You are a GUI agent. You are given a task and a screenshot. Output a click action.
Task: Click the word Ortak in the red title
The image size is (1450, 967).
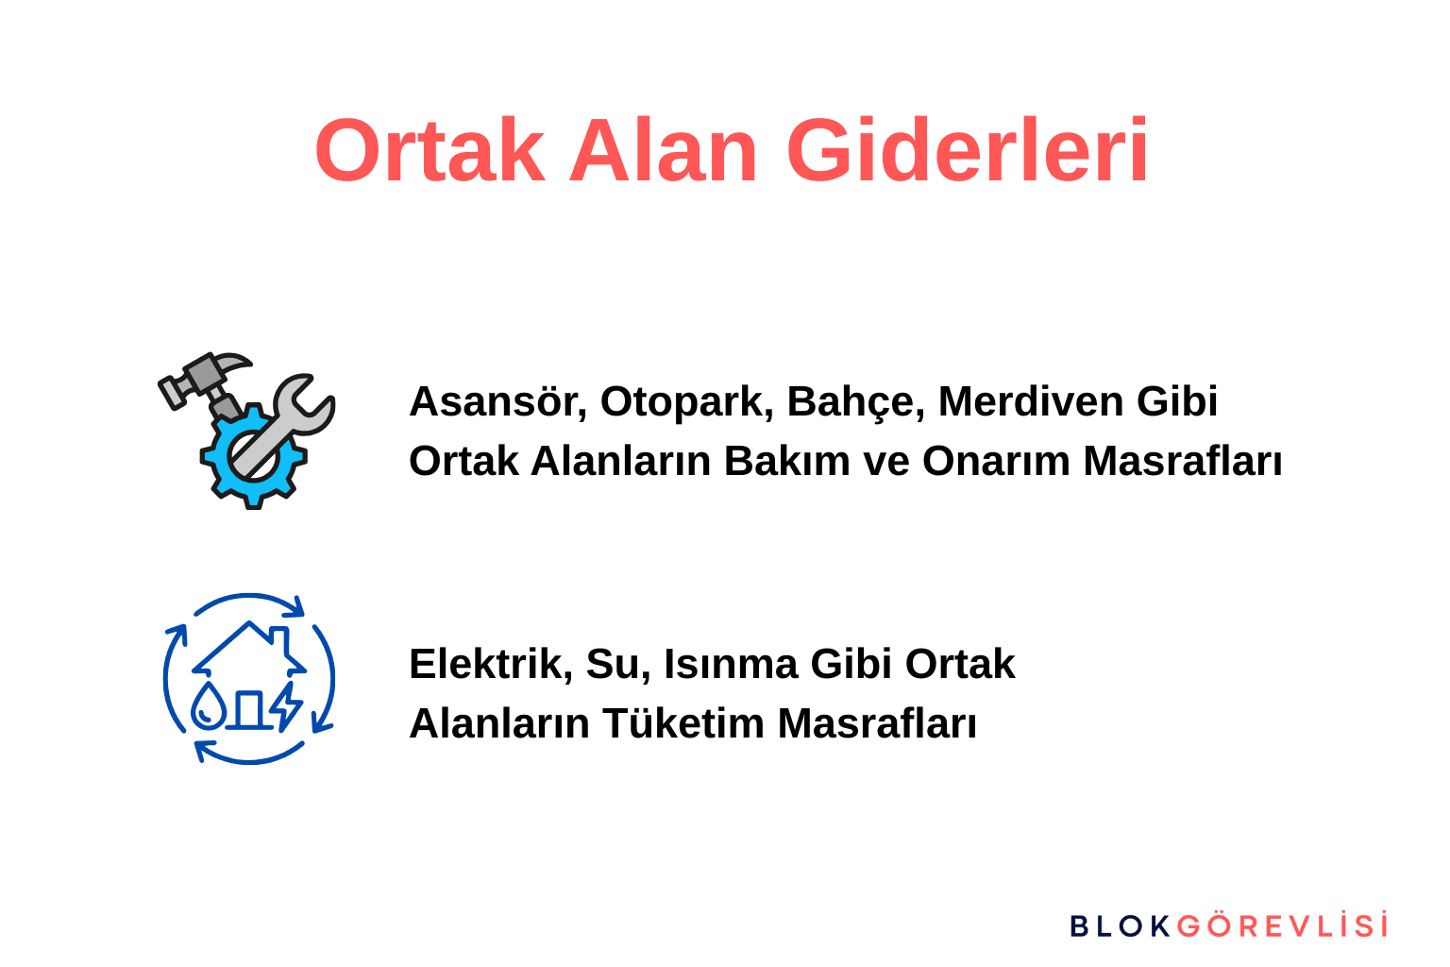point(430,151)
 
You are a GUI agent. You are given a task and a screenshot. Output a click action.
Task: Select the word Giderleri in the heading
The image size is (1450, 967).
point(968,151)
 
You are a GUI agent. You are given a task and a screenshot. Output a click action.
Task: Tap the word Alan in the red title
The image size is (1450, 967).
point(663,151)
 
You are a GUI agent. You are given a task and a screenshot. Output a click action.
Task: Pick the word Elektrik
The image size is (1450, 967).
point(486,664)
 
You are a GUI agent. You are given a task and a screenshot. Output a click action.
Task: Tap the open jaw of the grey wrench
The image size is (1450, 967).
point(308,397)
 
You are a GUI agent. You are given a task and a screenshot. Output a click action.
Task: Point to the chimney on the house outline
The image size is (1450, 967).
point(280,636)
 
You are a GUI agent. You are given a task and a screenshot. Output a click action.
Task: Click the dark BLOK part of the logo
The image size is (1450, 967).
point(1120,926)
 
